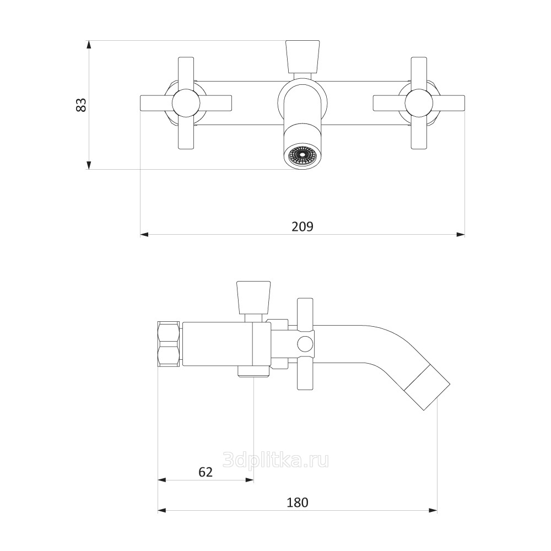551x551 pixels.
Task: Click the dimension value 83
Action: pos(81,105)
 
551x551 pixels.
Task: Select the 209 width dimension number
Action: pos(302,226)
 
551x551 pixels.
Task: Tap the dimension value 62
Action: pos(205,472)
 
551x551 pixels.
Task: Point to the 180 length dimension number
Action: pos(298,502)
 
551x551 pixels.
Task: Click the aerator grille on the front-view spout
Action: pos(302,156)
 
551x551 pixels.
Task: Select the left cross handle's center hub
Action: pos(186,103)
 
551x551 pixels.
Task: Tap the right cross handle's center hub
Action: pos(419,103)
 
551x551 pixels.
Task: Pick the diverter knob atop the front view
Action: pos(302,55)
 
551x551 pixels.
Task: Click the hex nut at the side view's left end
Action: pos(169,344)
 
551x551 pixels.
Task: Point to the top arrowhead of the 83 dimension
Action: pos(89,44)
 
